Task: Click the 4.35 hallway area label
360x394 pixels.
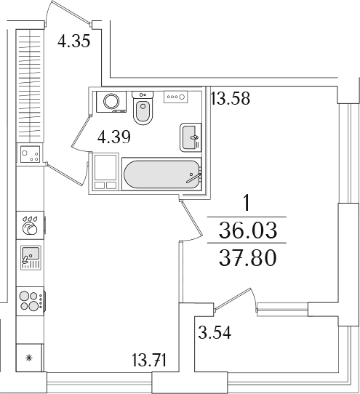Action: coord(73,41)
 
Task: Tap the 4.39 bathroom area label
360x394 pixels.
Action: coord(114,137)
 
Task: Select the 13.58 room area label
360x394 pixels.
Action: coord(231,98)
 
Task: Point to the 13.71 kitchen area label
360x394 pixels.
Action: coord(149,360)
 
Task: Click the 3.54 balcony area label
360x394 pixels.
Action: coord(215,332)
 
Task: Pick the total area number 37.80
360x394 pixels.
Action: coord(247,258)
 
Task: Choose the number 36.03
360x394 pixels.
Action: coord(247,230)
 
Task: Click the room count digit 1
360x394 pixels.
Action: coord(247,204)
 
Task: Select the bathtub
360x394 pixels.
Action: coord(161,174)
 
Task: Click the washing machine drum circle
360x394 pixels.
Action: coord(111,101)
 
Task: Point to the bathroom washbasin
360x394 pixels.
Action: coord(191,137)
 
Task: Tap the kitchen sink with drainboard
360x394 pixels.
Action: coord(31,257)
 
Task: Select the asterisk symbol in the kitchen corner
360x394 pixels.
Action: coord(29,358)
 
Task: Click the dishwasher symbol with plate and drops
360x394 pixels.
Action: coord(30,225)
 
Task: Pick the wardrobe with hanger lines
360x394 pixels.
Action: coord(30,86)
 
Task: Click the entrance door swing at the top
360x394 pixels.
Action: coord(68,12)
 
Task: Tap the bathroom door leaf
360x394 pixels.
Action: coord(81,131)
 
